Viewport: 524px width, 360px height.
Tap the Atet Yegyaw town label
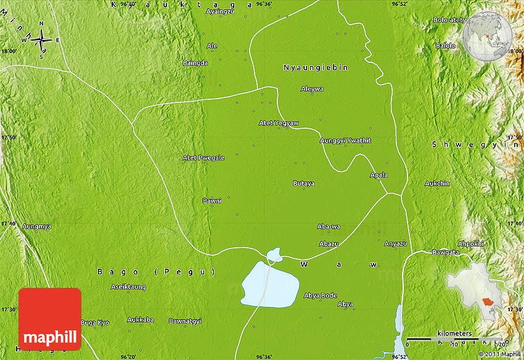coord(279,123)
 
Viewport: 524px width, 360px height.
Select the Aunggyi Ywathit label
coord(345,141)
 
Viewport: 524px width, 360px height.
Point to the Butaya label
coord(303,183)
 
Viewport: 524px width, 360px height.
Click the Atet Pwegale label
coord(203,158)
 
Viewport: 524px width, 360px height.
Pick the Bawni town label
coord(211,200)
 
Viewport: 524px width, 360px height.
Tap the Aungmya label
coord(36,226)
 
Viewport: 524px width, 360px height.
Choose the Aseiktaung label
coord(128,287)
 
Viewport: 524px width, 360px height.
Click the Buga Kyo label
coord(95,322)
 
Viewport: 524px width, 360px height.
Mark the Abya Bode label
coord(321,295)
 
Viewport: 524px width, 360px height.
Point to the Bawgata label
coord(446,252)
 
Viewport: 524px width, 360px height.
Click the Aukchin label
coord(437,184)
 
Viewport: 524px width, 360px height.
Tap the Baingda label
coord(195,63)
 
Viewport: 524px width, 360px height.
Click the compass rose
coord(42,41)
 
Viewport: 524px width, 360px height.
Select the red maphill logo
coord(50,319)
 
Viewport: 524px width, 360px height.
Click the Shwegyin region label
coord(476,144)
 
